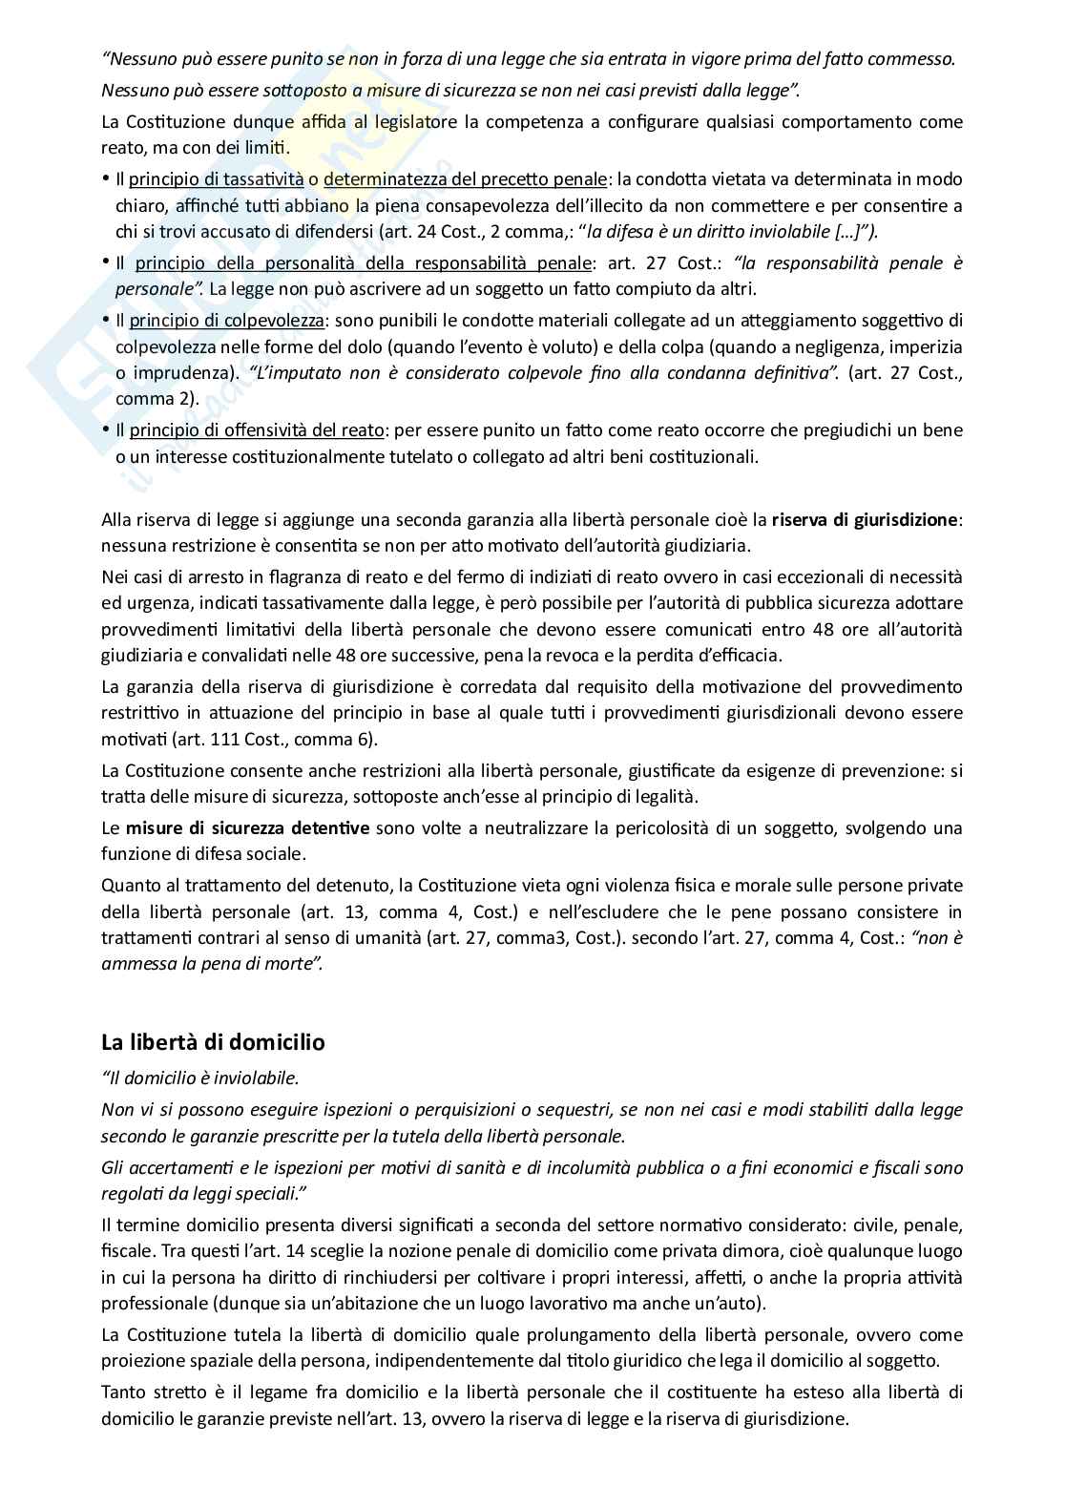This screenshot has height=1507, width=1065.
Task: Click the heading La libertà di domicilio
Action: click(213, 1042)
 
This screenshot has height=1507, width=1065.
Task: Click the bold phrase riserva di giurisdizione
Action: click(865, 520)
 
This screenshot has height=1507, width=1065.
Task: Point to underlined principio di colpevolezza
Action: click(226, 321)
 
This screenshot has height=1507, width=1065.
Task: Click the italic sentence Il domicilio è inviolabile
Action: click(200, 1078)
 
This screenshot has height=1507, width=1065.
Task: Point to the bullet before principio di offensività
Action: click(107, 430)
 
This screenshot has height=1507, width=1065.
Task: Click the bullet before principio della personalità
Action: click(107, 262)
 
